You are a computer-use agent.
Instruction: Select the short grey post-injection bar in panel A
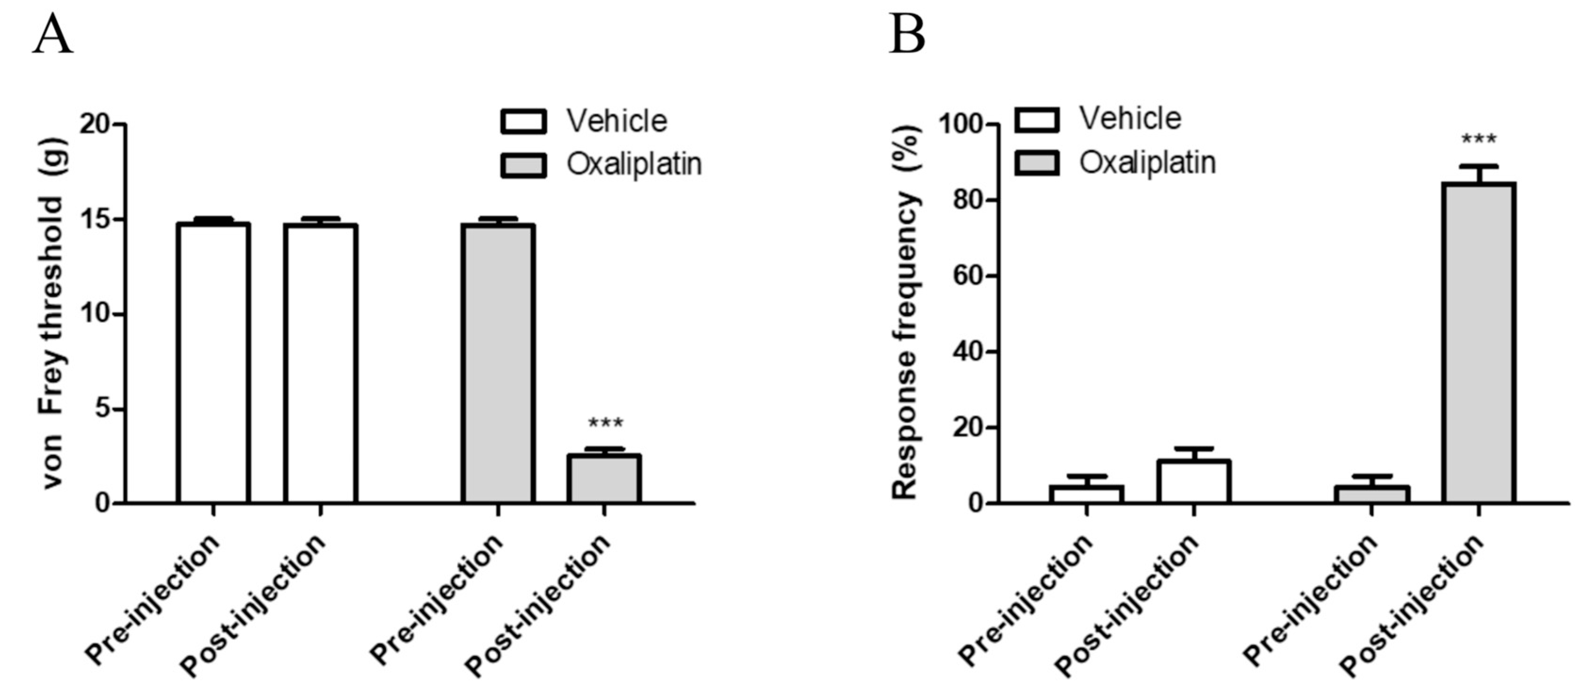point(604,479)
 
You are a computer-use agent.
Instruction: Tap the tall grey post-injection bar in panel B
point(1479,343)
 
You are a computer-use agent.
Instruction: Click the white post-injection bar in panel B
point(1194,482)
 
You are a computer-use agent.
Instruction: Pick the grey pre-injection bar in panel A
point(498,364)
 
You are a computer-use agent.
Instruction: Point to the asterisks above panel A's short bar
point(605,424)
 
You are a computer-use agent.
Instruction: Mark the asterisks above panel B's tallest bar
point(1479,140)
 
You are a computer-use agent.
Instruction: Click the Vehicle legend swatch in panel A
point(523,122)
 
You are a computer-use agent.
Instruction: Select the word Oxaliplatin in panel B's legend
point(1147,163)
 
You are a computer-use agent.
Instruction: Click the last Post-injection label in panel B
point(1411,604)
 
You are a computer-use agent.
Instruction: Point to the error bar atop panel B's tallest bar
point(1479,174)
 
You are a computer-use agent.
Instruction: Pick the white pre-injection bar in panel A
point(213,364)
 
